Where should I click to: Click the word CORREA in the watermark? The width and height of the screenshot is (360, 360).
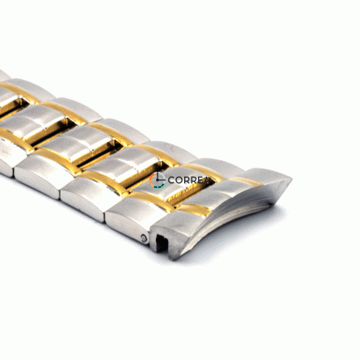[x=188, y=180]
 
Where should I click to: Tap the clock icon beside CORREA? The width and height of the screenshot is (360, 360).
[x=158, y=180]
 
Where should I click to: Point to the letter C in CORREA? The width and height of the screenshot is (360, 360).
[x=171, y=180]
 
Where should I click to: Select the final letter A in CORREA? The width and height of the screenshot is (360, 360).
[x=206, y=180]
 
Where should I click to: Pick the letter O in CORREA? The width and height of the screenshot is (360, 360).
[x=178, y=180]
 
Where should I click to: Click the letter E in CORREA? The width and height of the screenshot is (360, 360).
[x=200, y=180]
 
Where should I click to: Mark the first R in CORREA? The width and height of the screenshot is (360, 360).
[x=186, y=180]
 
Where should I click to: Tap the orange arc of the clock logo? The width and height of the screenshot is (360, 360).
[x=151, y=180]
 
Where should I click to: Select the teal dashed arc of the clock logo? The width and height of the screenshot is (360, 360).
[x=158, y=187]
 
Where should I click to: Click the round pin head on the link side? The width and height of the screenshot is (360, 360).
[x=144, y=238]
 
